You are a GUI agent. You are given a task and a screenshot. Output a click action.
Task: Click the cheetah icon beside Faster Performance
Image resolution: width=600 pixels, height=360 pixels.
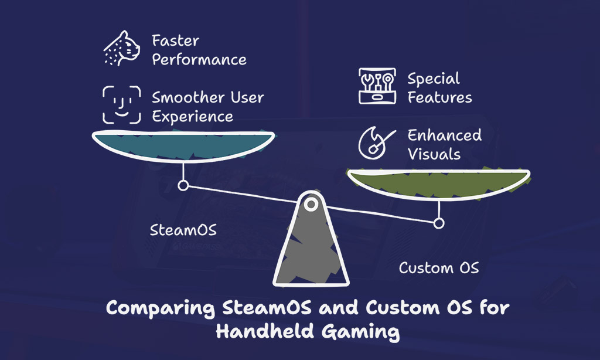[122, 48]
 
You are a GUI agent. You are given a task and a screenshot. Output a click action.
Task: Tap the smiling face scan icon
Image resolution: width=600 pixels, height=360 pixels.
[122, 105]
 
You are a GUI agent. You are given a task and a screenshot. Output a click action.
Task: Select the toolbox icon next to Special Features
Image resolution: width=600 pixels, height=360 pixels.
[377, 86]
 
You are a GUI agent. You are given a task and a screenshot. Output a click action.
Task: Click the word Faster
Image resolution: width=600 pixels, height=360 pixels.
[175, 40]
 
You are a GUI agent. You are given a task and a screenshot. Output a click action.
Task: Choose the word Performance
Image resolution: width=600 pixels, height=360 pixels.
[199, 60]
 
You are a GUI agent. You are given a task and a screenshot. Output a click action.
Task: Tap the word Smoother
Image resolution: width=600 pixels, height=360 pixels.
[183, 97]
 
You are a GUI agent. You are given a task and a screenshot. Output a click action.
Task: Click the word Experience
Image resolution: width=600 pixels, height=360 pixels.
[192, 117]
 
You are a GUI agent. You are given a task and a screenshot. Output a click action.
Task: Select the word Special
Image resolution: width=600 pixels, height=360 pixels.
[434, 79]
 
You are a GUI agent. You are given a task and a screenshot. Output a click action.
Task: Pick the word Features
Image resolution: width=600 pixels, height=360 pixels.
[439, 97]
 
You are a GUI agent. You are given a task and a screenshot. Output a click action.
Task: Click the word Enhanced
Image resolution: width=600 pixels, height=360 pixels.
[445, 135]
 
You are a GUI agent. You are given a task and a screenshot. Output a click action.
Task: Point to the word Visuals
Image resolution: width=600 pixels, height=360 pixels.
[434, 154]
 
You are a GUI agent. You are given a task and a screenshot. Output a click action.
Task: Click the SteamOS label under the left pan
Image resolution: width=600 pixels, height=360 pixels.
[183, 230]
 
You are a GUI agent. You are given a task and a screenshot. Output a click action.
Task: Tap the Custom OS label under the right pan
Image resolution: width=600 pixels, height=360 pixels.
[438, 268]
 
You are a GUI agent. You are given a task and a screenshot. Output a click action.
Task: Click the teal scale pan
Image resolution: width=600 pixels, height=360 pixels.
[183, 145]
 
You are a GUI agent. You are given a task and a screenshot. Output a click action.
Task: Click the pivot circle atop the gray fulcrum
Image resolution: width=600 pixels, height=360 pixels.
[311, 204]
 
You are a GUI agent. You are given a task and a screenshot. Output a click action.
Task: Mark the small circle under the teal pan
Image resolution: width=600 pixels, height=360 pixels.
[183, 185]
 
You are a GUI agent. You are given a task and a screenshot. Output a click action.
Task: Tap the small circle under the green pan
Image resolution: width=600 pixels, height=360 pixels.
[439, 223]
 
